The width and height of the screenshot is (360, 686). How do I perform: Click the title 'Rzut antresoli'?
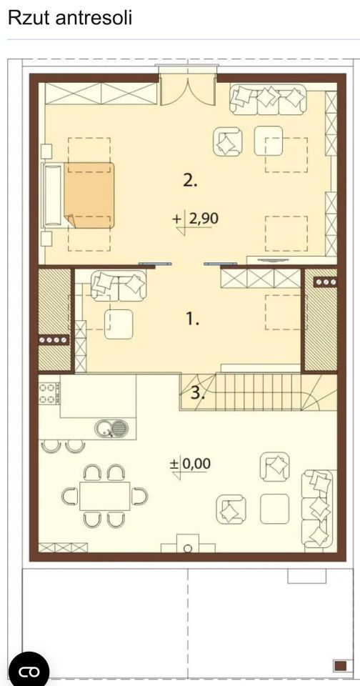pyautogui.click(x=70, y=18)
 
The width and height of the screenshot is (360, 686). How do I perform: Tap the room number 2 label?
pyautogui.click(x=190, y=180)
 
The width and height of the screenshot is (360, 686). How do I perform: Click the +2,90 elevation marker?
pyautogui.click(x=196, y=219)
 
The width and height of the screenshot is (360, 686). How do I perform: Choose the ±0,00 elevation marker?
pyautogui.click(x=190, y=464)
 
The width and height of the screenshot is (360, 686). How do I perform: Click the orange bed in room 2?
pyautogui.click(x=89, y=195)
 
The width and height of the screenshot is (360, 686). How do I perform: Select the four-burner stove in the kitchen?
pyautogui.click(x=49, y=393)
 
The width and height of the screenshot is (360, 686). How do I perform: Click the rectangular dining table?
pyautogui.click(x=104, y=496)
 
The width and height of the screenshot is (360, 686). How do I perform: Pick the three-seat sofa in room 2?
pyautogui.click(x=268, y=99)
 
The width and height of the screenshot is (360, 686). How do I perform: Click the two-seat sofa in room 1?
pyautogui.click(x=119, y=286)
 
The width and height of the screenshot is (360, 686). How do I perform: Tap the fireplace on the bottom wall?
pyautogui.click(x=188, y=544)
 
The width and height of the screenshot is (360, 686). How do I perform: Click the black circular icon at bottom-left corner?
pyautogui.click(x=29, y=670)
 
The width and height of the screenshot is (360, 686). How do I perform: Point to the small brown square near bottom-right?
pyautogui.click(x=340, y=665)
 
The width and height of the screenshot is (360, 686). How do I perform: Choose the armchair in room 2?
pyautogui.click(x=228, y=141)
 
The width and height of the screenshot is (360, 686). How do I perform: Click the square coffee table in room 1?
pyautogui.click(x=119, y=324)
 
